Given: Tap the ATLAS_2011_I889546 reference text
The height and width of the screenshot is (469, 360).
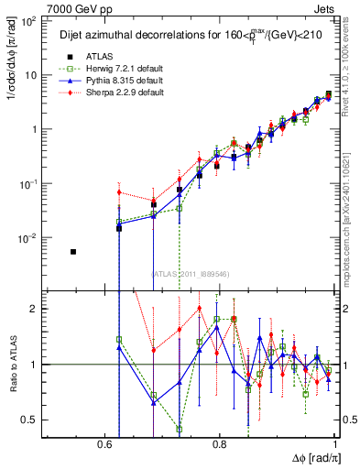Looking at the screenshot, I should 190,272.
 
